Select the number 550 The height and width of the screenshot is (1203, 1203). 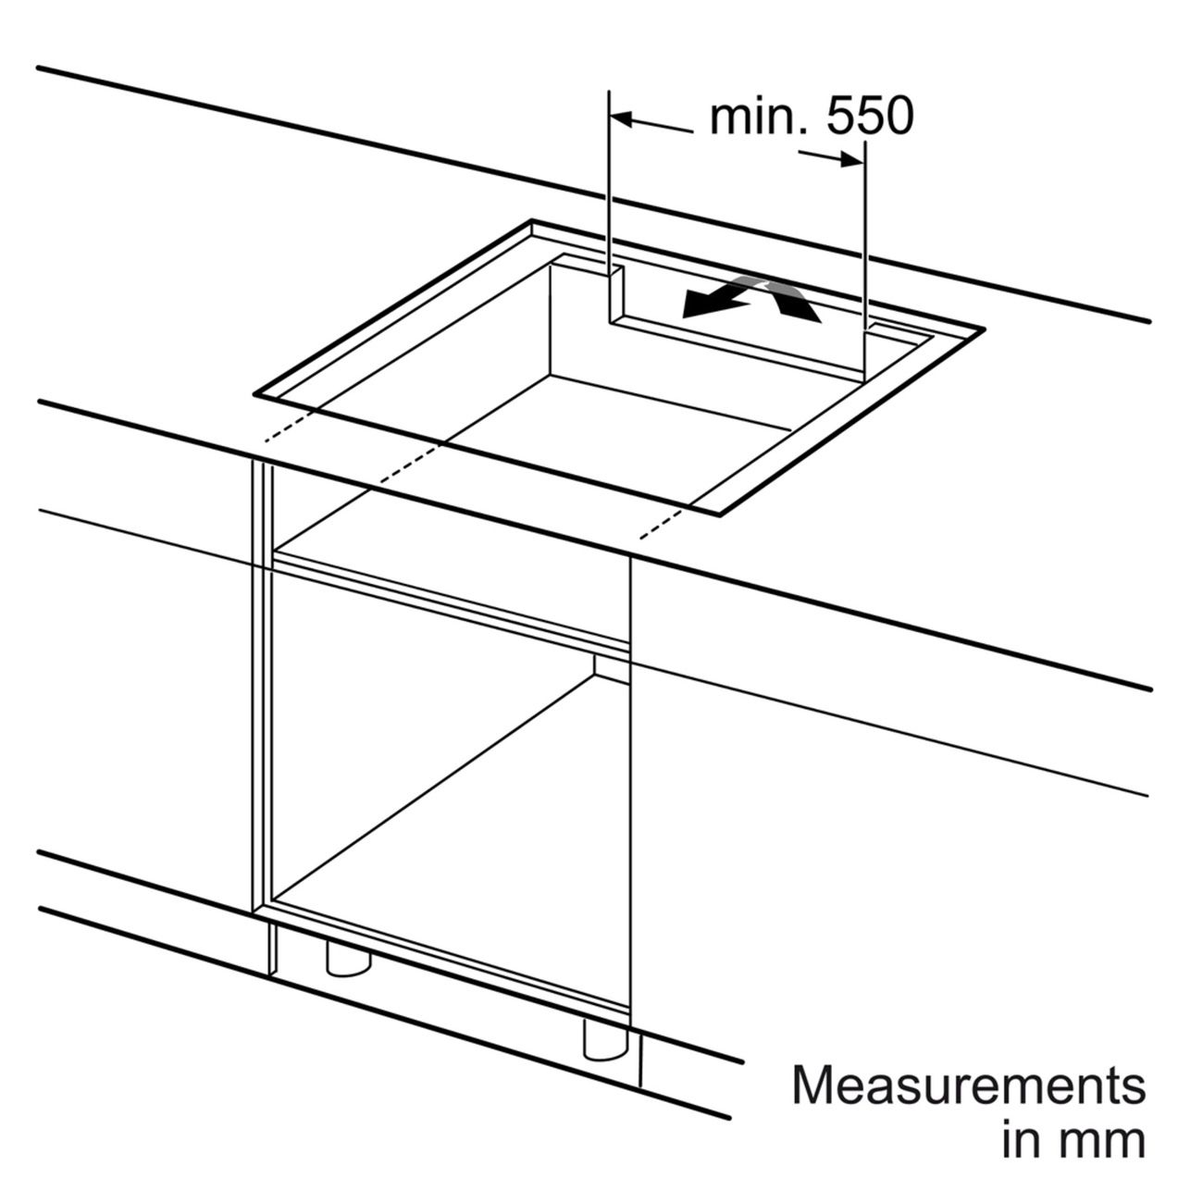coord(870,116)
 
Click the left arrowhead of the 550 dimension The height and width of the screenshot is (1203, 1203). coord(621,118)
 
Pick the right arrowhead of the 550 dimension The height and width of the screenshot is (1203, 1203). coord(851,160)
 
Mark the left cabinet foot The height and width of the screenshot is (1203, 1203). coord(348,959)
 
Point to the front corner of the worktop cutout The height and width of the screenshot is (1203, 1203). coord(719,515)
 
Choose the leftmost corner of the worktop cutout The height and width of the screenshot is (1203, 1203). coord(254,394)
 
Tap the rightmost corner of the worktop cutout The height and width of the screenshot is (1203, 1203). coord(984,329)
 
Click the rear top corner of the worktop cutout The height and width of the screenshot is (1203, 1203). coord(532,219)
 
